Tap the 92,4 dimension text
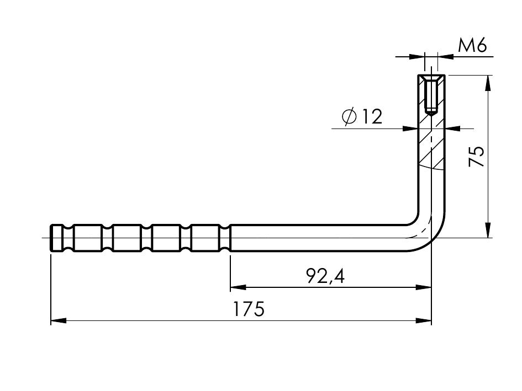tap(325, 276)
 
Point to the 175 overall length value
tap(249, 309)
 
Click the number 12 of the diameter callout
tap(371, 117)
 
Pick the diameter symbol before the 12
tap(349, 117)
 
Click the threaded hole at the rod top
tap(431, 95)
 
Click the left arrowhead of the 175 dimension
tap(58, 321)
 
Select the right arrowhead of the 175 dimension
tap(424, 321)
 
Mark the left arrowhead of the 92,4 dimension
tap(238, 287)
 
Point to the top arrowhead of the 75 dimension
tap(488, 83)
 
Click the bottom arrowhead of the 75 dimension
tap(488, 230)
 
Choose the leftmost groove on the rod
tap(68, 238)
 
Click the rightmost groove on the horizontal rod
tap(225, 238)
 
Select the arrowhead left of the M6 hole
tap(417, 57)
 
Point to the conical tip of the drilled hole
tap(431, 114)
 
